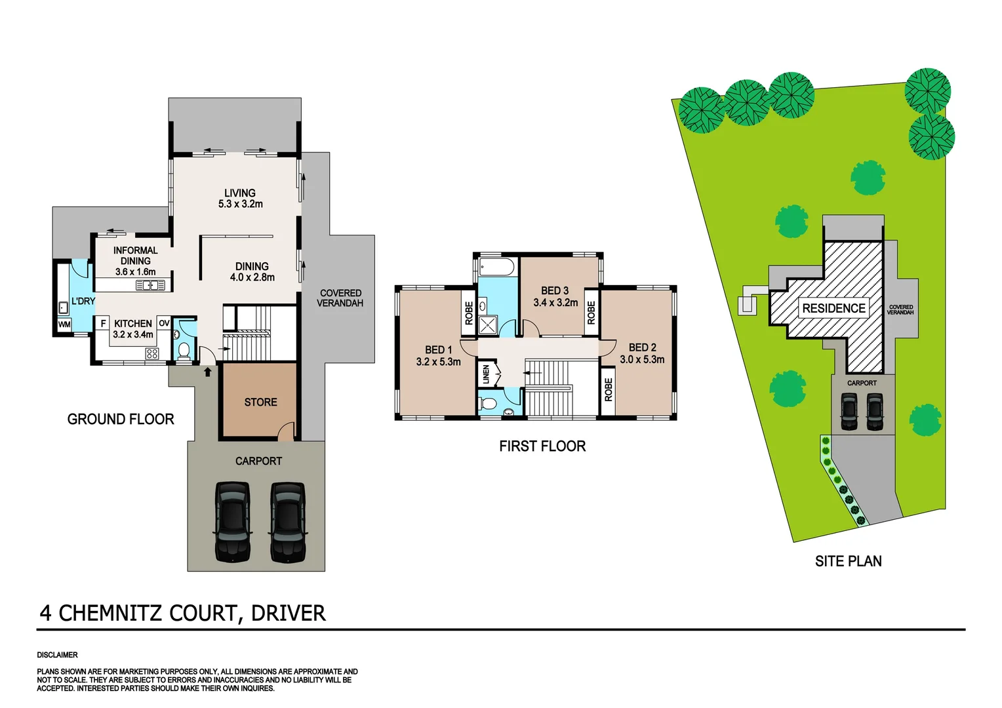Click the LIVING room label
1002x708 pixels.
point(240,193)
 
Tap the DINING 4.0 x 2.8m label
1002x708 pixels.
point(252,271)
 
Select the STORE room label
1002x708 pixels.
point(260,402)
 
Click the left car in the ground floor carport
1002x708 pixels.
point(233,522)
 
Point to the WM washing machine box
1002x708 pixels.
point(64,324)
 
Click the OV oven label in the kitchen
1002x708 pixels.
point(164,323)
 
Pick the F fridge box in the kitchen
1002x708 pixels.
point(103,323)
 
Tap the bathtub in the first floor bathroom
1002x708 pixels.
point(498,266)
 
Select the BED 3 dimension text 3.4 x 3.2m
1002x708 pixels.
point(555,302)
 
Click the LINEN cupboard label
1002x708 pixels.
point(486,374)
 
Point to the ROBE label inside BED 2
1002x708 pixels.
point(609,389)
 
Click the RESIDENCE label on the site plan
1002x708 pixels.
point(833,308)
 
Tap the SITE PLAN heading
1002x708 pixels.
point(848,561)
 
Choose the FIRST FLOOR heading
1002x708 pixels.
point(542,446)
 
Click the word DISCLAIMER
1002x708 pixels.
point(57,655)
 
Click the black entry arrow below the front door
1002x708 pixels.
point(208,372)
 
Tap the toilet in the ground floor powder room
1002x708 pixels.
point(184,350)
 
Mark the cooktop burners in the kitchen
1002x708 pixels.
point(151,354)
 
